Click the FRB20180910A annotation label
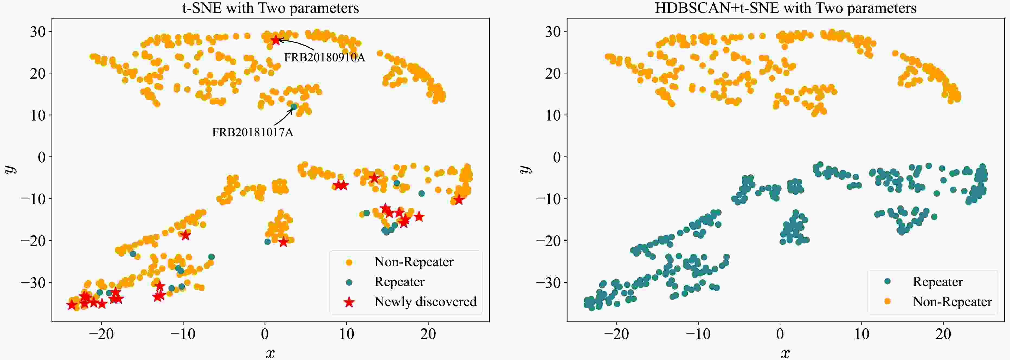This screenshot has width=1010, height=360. click(x=324, y=58)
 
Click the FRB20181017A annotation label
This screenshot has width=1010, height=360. click(x=253, y=133)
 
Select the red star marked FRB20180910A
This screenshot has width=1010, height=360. click(x=276, y=40)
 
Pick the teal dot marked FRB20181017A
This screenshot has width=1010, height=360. click(x=294, y=106)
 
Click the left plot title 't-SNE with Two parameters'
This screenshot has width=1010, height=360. click(x=271, y=8)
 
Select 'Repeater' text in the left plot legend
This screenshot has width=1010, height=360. click(x=399, y=282)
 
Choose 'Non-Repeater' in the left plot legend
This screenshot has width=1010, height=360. click(x=414, y=262)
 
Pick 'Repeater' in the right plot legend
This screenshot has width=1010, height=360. click(x=937, y=282)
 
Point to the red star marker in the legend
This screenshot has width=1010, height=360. click(x=349, y=302)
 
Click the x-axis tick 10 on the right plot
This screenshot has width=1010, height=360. click(x=861, y=334)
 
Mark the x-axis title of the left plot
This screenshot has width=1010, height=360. click(x=270, y=353)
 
